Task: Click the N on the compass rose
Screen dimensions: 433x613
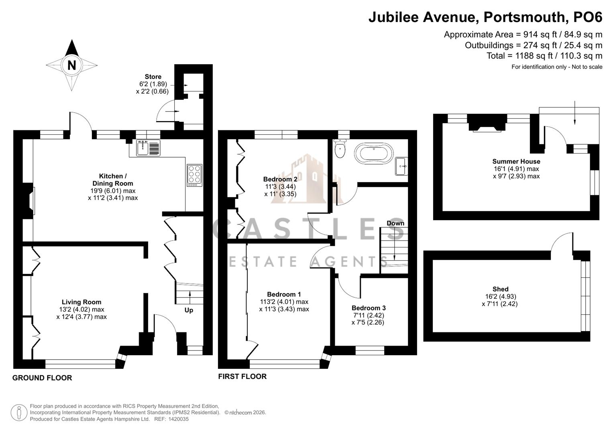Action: click(71, 65)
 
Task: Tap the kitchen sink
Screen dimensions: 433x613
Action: click(148, 148)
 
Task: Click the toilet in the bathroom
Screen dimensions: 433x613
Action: click(340, 149)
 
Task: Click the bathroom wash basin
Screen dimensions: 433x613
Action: click(401, 166)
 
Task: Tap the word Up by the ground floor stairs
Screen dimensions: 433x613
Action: click(189, 310)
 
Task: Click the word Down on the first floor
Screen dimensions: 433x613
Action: click(395, 223)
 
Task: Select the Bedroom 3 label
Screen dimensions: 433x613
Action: click(369, 308)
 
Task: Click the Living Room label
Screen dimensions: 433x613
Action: click(81, 302)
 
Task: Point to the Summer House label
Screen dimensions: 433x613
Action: click(516, 161)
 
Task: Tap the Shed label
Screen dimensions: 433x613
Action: click(500, 289)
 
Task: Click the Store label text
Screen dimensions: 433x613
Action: click(153, 77)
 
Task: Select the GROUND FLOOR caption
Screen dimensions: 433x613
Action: click(42, 378)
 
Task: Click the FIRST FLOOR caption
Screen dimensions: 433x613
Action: click(242, 376)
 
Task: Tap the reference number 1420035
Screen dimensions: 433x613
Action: click(177, 419)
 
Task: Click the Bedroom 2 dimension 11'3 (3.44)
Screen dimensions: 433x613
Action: click(280, 186)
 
